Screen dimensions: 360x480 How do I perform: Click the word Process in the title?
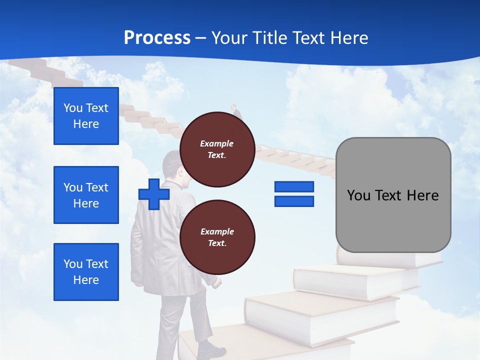point(157,38)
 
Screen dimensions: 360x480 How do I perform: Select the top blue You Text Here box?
point(86,116)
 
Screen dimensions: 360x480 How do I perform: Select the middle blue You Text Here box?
point(86,195)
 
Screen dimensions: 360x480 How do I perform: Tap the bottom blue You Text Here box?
point(86,272)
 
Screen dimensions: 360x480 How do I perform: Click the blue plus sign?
point(154,194)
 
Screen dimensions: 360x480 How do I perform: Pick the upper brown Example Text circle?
point(217,149)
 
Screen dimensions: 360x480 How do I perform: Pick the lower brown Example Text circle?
point(217,237)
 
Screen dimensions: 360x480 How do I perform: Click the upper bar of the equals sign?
point(294,186)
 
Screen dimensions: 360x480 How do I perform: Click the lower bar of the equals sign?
point(294,201)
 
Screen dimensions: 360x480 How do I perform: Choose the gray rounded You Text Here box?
point(393,195)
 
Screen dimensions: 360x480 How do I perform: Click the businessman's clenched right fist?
point(215,283)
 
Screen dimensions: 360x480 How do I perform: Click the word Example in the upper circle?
point(217,143)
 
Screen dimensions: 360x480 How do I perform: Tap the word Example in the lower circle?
point(217,231)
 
